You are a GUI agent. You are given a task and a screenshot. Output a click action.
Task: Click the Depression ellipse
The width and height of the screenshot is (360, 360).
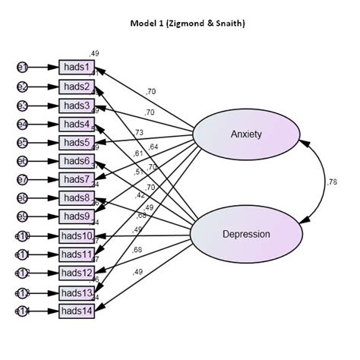coord(245,234)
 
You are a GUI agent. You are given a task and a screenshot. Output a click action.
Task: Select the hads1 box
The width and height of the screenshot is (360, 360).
coord(76,68)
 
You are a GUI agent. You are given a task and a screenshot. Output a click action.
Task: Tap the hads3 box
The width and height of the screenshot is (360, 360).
coord(76,106)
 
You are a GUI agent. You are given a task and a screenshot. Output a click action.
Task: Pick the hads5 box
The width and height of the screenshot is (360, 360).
coord(76,142)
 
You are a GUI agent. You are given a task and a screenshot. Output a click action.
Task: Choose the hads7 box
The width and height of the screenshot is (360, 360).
coord(76,179)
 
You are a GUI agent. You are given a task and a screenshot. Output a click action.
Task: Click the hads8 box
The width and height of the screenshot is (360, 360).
coord(76,198)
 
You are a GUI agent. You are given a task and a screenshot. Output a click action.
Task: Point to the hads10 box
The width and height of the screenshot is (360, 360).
coord(76,235)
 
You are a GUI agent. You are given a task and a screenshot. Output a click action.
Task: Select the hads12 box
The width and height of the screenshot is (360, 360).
coord(76,273)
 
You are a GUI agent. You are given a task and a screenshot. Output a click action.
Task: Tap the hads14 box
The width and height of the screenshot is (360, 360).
coord(76,311)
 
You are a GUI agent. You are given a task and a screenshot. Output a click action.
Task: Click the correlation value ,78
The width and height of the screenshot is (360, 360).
coord(331,182)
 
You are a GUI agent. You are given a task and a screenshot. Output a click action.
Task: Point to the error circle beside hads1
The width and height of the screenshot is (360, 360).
coord(22,68)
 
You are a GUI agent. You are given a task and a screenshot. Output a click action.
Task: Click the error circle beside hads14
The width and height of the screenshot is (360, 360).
coord(22,311)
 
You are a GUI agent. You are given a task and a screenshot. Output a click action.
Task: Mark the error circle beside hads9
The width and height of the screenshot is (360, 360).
coord(22,216)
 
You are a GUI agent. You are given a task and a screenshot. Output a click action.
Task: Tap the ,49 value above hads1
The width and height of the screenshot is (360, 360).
coord(94,53)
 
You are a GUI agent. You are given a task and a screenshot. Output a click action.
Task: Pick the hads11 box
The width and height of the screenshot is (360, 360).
coord(76,254)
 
